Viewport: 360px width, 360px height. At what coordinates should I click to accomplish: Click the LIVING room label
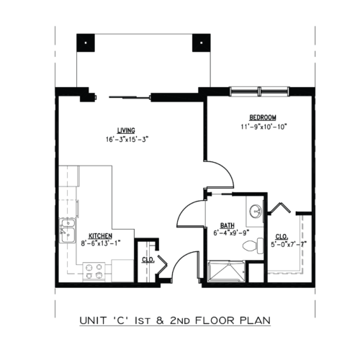[126, 130]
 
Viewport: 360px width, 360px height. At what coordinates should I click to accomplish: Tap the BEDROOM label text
[263, 117]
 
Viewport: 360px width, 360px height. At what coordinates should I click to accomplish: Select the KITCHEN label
[100, 236]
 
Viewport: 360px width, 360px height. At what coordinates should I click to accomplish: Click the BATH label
[228, 225]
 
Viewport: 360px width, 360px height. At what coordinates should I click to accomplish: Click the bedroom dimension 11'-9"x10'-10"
[264, 127]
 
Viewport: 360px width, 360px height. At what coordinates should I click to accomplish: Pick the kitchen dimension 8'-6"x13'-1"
[101, 243]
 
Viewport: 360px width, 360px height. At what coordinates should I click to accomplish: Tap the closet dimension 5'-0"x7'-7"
[289, 245]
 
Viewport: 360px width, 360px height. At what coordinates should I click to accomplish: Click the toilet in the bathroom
[253, 246]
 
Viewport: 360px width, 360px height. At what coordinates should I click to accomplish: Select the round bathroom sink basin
[256, 212]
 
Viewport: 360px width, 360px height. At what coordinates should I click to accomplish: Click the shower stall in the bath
[226, 271]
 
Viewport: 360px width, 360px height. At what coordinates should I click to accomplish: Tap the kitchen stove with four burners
[94, 271]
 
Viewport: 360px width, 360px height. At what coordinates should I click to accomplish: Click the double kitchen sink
[68, 230]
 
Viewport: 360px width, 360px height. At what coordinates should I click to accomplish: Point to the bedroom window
[259, 91]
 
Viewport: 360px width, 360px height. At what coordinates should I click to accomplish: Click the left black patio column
[86, 42]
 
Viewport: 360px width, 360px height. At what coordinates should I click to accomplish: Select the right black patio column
[202, 42]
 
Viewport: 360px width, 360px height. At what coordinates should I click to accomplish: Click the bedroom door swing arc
[227, 169]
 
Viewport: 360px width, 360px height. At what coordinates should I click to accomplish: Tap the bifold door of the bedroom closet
[280, 207]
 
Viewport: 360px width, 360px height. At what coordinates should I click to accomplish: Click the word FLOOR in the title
[215, 320]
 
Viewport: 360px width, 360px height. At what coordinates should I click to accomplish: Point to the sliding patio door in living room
[130, 97]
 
